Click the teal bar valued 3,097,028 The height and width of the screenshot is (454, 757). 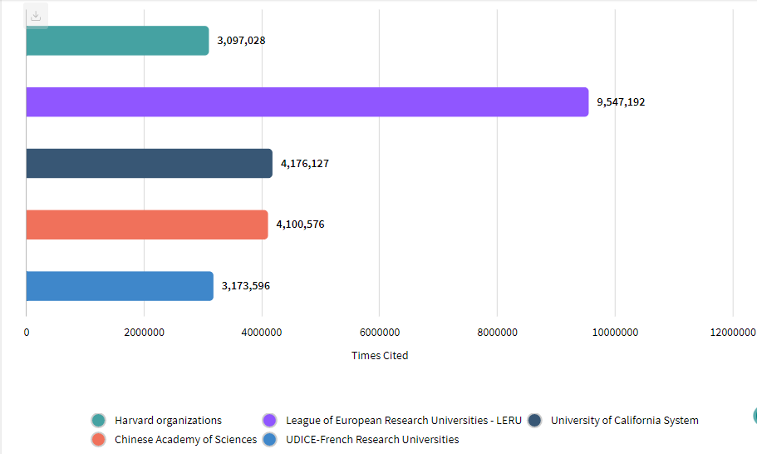[117, 41]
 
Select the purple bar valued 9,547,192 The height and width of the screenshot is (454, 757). [307, 102]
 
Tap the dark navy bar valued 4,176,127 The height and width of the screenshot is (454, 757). [149, 164]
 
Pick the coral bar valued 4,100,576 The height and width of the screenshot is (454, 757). [146, 225]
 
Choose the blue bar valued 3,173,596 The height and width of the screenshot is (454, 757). [120, 286]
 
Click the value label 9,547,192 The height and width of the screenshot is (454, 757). [621, 102]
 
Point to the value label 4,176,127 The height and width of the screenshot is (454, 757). [305, 164]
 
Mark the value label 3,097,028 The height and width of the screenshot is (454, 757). [241, 41]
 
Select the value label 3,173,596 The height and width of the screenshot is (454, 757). [246, 286]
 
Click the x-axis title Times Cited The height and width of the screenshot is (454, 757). [380, 355]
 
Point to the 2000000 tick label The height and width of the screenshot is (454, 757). [145, 333]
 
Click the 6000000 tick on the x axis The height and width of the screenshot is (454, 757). [380, 333]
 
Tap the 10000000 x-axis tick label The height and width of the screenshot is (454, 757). [616, 333]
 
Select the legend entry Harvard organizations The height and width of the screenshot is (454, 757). [168, 421]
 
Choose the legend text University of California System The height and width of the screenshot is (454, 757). [624, 421]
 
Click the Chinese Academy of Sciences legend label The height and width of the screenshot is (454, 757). [185, 439]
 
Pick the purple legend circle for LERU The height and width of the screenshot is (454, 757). [269, 421]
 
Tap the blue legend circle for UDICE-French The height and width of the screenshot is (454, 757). [269, 439]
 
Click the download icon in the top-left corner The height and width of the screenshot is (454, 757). [36, 16]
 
